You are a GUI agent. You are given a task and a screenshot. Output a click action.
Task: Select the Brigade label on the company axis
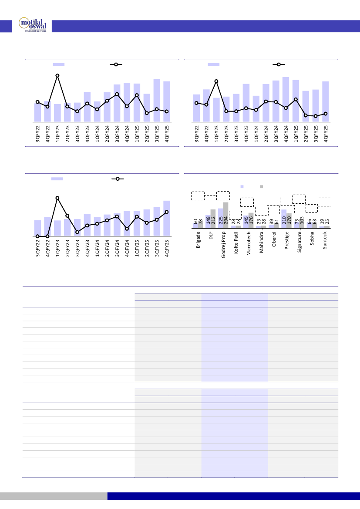pyautogui.click(x=199, y=239)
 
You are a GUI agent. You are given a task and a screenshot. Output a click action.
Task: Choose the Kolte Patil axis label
pyautogui.click(x=236, y=242)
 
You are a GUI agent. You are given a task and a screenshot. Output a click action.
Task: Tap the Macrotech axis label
pyautogui.click(x=249, y=243)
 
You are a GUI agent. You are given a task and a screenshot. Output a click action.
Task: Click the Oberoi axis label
pyautogui.click(x=274, y=239)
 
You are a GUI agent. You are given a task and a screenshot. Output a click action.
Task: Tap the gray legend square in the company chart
pyautogui.click(x=261, y=186)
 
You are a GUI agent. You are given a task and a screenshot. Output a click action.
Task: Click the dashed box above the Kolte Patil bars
pyautogui.click(x=235, y=215)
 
